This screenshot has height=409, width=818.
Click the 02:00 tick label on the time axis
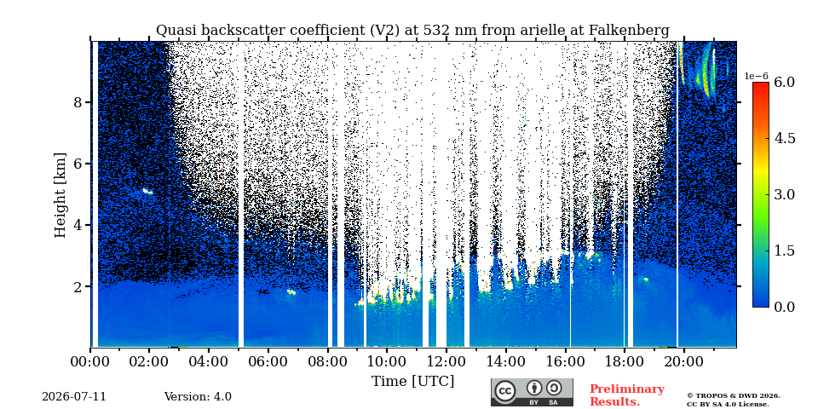pos(149,360)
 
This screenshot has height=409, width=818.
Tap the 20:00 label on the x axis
pos(684,360)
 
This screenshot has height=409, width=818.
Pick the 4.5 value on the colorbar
pos(784,138)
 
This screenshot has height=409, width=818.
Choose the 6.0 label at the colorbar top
pos(784,82)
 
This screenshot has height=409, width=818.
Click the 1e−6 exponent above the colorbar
pos(756,76)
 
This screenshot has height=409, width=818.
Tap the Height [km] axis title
pos(61,195)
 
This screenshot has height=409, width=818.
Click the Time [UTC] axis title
pos(412,381)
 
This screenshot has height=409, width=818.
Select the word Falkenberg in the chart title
pos(629,31)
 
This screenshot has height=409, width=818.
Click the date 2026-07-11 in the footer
pos(74,397)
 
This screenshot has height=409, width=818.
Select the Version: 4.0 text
pos(198,397)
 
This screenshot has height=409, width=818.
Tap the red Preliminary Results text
pos(627,395)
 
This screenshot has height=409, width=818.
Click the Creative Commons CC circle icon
pos(504,392)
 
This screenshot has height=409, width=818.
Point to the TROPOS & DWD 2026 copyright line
pos(734,396)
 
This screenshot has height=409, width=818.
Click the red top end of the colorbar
pos(761,85)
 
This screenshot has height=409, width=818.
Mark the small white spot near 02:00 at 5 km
pos(147,192)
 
